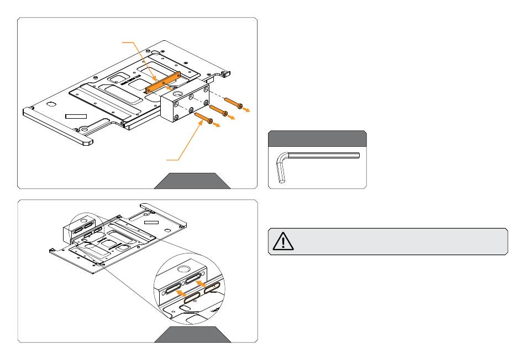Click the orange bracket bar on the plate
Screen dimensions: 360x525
163,82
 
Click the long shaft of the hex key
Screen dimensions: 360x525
323,155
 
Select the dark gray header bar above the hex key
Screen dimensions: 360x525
317,138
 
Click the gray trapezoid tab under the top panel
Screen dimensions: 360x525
192,181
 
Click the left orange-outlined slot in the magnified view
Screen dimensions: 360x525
191,298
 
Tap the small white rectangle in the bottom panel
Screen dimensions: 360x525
150,220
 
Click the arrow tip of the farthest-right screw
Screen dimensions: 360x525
246,110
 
